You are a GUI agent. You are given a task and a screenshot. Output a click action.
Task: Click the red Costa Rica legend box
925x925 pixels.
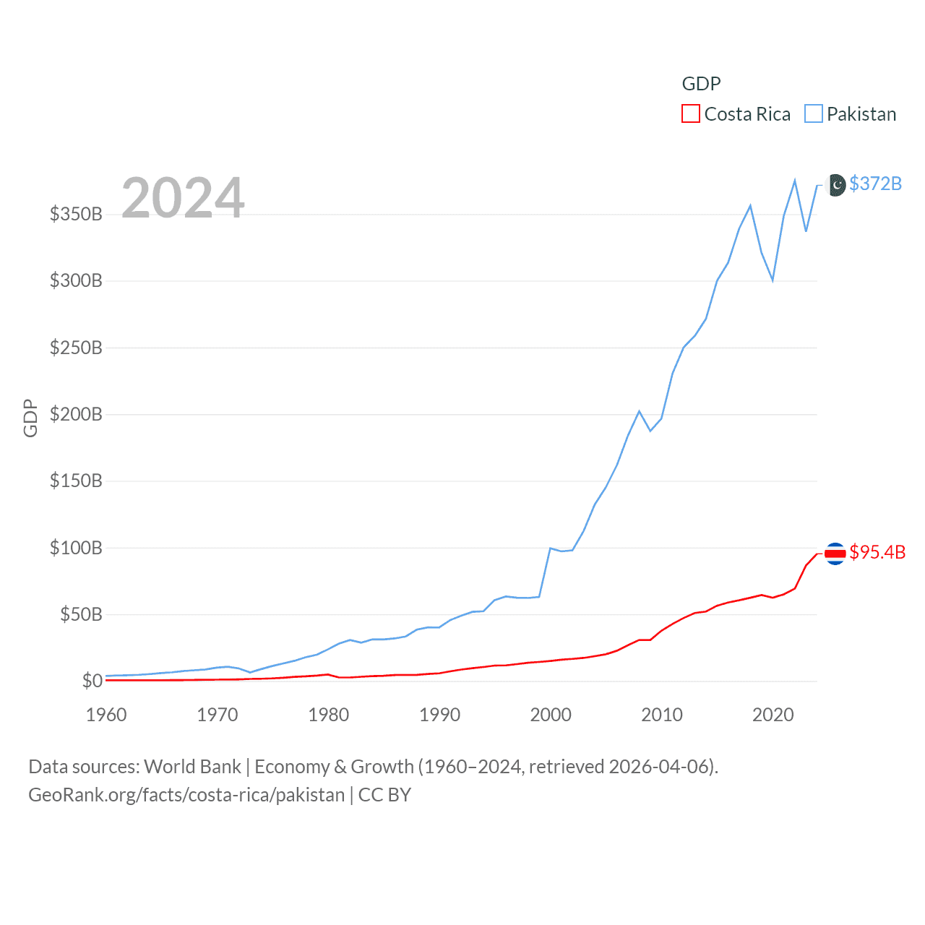pyautogui.click(x=691, y=114)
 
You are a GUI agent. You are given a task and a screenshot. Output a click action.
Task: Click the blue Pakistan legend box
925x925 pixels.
pyautogui.click(x=814, y=114)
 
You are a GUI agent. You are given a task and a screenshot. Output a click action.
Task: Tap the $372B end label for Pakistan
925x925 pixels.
pyautogui.click(x=875, y=184)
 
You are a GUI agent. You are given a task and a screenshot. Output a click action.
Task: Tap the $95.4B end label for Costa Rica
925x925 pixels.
pyautogui.click(x=877, y=552)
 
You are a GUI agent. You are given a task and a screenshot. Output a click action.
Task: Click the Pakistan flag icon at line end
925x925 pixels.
pyautogui.click(x=835, y=185)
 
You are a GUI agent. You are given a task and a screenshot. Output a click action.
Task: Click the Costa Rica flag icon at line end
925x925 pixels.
pyautogui.click(x=835, y=554)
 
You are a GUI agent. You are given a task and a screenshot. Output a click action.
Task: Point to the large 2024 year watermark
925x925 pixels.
pyautogui.click(x=183, y=197)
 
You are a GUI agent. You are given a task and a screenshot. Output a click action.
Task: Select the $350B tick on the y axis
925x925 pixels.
pyautogui.click(x=76, y=214)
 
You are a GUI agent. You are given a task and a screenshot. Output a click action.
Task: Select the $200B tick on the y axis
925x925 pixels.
pyautogui.click(x=76, y=414)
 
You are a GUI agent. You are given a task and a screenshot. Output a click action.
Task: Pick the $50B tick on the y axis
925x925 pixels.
pyautogui.click(x=81, y=614)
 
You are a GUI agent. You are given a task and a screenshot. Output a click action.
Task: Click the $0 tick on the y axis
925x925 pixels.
pyautogui.click(x=92, y=681)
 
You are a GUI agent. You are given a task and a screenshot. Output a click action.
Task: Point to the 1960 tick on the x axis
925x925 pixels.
pyautogui.click(x=106, y=715)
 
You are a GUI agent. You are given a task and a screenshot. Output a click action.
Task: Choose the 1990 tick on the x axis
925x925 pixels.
pyautogui.click(x=439, y=715)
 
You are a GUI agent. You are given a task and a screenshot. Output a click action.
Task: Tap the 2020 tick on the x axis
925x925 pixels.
pyautogui.click(x=773, y=715)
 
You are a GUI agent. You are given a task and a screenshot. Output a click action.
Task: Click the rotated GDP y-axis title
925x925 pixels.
pyautogui.click(x=30, y=418)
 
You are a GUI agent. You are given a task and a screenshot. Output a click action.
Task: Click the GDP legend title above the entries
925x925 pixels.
pyautogui.click(x=701, y=84)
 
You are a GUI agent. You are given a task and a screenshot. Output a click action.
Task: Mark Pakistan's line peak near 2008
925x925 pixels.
pyautogui.click(x=639, y=411)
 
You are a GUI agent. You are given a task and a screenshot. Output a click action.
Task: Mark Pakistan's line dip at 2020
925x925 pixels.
pyautogui.click(x=773, y=280)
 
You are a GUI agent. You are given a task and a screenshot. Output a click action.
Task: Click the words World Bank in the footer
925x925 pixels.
pyautogui.click(x=192, y=766)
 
